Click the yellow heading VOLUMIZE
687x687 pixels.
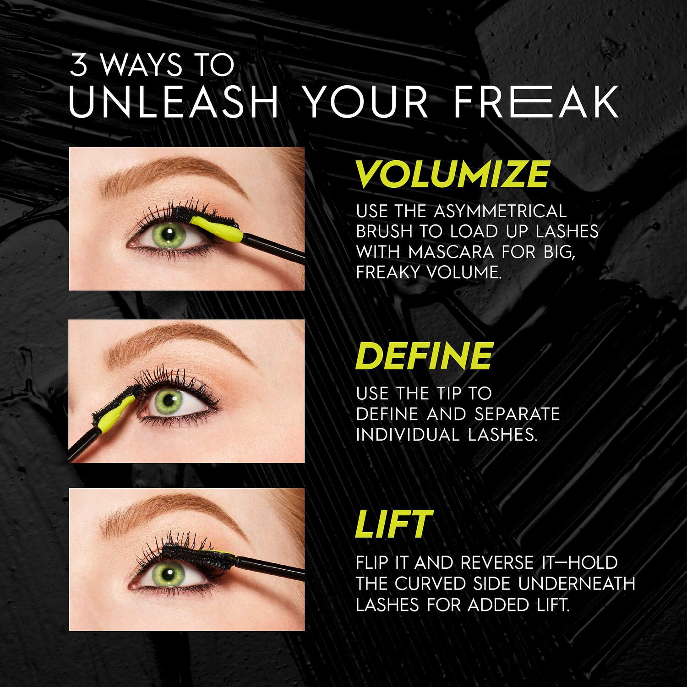point(452,174)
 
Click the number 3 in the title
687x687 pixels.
point(78,65)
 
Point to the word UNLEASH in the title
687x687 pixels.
point(174,102)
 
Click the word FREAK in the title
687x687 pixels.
point(535,102)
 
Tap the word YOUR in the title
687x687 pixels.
point(366,102)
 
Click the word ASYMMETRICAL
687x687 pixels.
point(500,211)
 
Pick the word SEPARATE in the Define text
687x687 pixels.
point(517,414)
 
